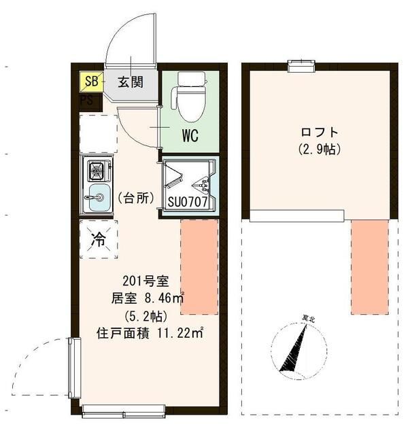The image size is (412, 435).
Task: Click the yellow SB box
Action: (90, 82)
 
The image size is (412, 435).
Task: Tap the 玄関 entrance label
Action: (130, 82)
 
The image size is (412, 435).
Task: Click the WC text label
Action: (189, 135)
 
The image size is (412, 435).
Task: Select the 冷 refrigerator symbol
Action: (99, 240)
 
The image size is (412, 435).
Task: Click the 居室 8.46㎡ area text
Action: (149, 298)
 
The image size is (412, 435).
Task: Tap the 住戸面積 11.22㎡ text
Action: (151, 333)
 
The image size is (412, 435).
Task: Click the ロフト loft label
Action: (319, 131)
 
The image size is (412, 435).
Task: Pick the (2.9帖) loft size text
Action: (319, 148)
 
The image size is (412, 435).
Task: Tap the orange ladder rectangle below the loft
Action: (369, 267)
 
